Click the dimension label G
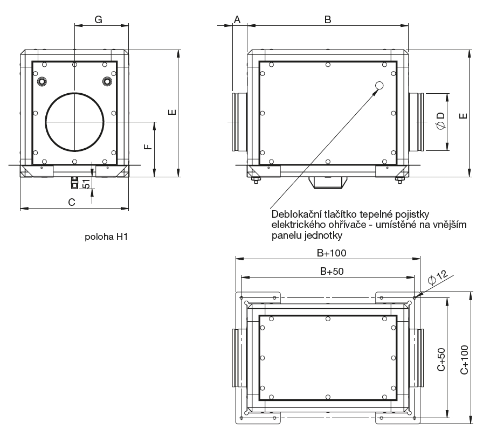pos(99,19)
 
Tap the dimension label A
pos(237,19)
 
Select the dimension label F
pos(148,145)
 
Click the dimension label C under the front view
pos(71,202)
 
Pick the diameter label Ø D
pos(440,121)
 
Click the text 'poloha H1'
pos(106,237)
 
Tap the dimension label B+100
pos(331,253)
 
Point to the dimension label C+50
pos(441,359)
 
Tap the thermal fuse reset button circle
pos(379,85)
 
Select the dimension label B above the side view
pos(327,19)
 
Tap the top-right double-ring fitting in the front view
pos(107,81)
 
